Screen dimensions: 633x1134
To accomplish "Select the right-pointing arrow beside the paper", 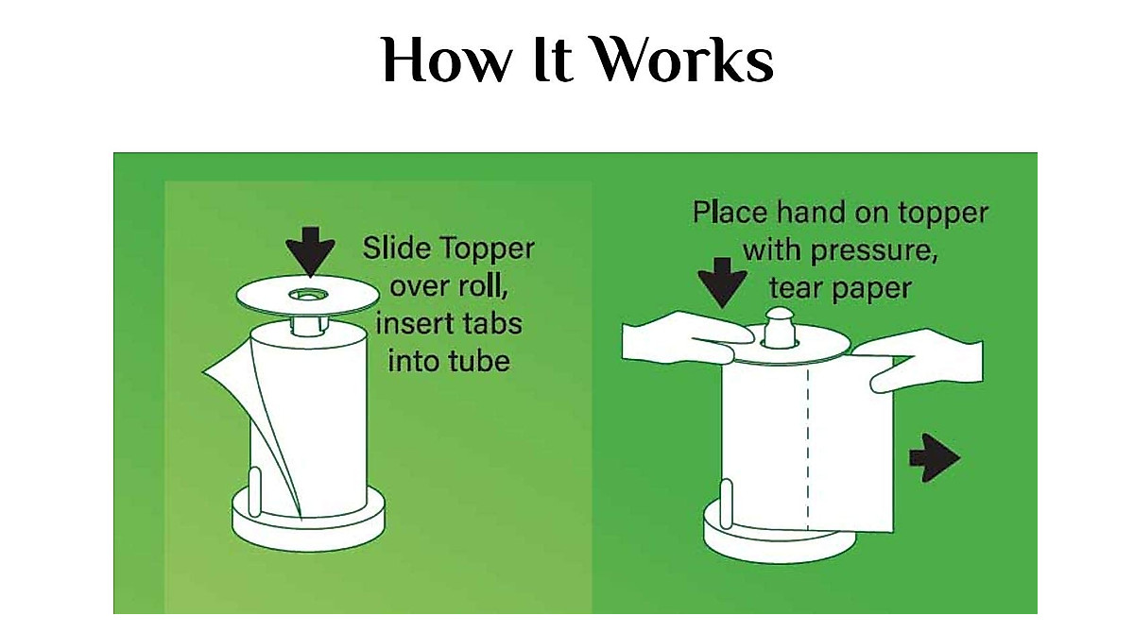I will pos(934,458).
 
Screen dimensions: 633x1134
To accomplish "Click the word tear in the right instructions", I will pos(799,287).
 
